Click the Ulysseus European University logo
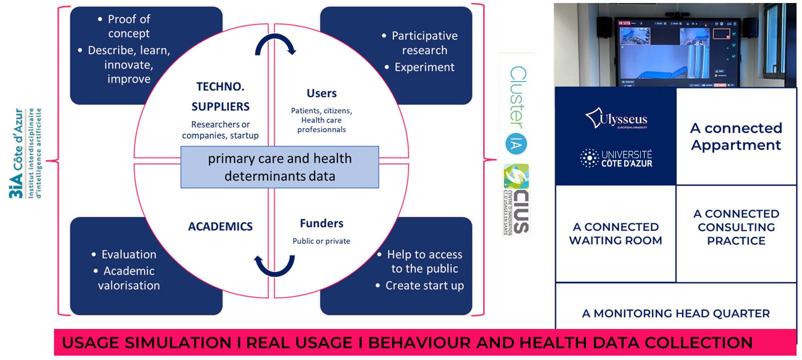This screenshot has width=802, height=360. click(x=616, y=119)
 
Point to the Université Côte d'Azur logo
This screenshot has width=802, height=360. click(x=616, y=158)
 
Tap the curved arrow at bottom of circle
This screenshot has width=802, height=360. click(x=274, y=265)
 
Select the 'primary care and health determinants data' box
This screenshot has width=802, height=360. click(x=280, y=167)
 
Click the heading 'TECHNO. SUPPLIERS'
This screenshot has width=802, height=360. click(x=220, y=97)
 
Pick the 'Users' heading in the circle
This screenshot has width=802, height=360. click(x=322, y=94)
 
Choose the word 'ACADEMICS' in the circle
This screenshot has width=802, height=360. click(x=220, y=227)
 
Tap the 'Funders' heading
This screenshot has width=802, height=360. click(x=322, y=224)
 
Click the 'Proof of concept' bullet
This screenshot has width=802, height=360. click(x=129, y=26)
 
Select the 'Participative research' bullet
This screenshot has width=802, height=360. click(x=424, y=43)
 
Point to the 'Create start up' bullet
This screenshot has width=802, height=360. click(x=424, y=286)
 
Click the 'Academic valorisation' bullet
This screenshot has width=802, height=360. click(x=129, y=278)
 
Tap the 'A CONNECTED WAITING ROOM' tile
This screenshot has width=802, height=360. click(x=616, y=234)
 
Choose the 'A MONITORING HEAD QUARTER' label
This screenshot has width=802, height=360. click(x=676, y=314)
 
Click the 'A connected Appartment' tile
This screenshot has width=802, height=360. click(x=736, y=137)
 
